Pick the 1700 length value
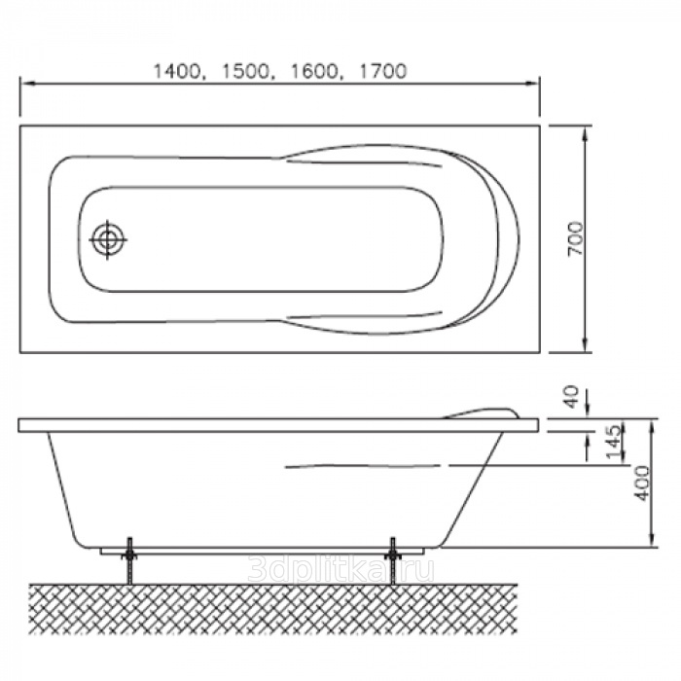[381, 71]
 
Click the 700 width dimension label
[576, 239]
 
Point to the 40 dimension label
[572, 396]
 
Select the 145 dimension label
[613, 442]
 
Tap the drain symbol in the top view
[107, 239]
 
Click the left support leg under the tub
[129, 561]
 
